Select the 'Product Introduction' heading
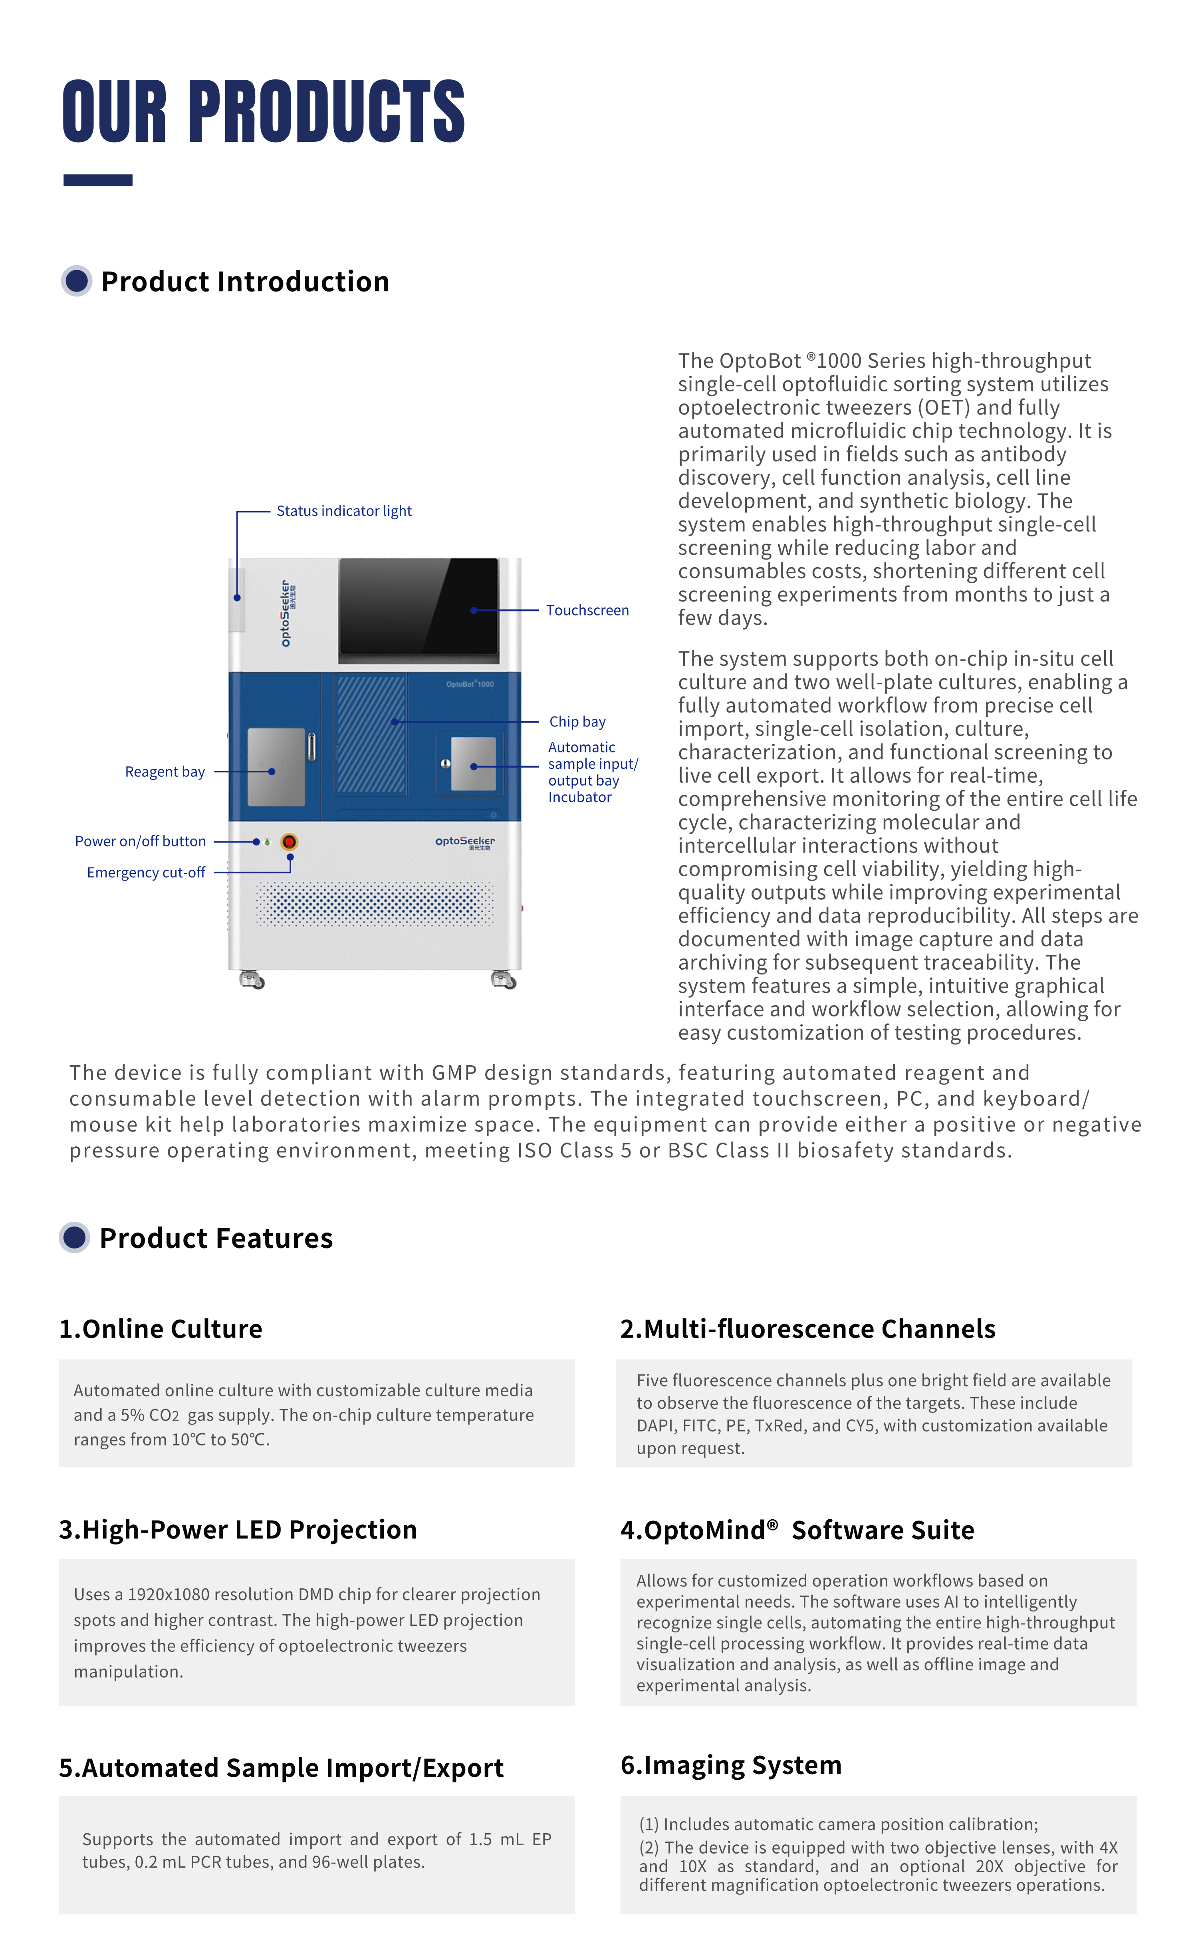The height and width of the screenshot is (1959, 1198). click(245, 282)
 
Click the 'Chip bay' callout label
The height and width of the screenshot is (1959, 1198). click(577, 722)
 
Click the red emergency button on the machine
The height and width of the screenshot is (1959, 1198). click(290, 841)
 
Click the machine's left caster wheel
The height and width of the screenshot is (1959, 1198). click(253, 979)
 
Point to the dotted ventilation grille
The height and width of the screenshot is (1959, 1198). click(375, 904)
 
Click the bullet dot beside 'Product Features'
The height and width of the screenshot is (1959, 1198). click(75, 1238)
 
